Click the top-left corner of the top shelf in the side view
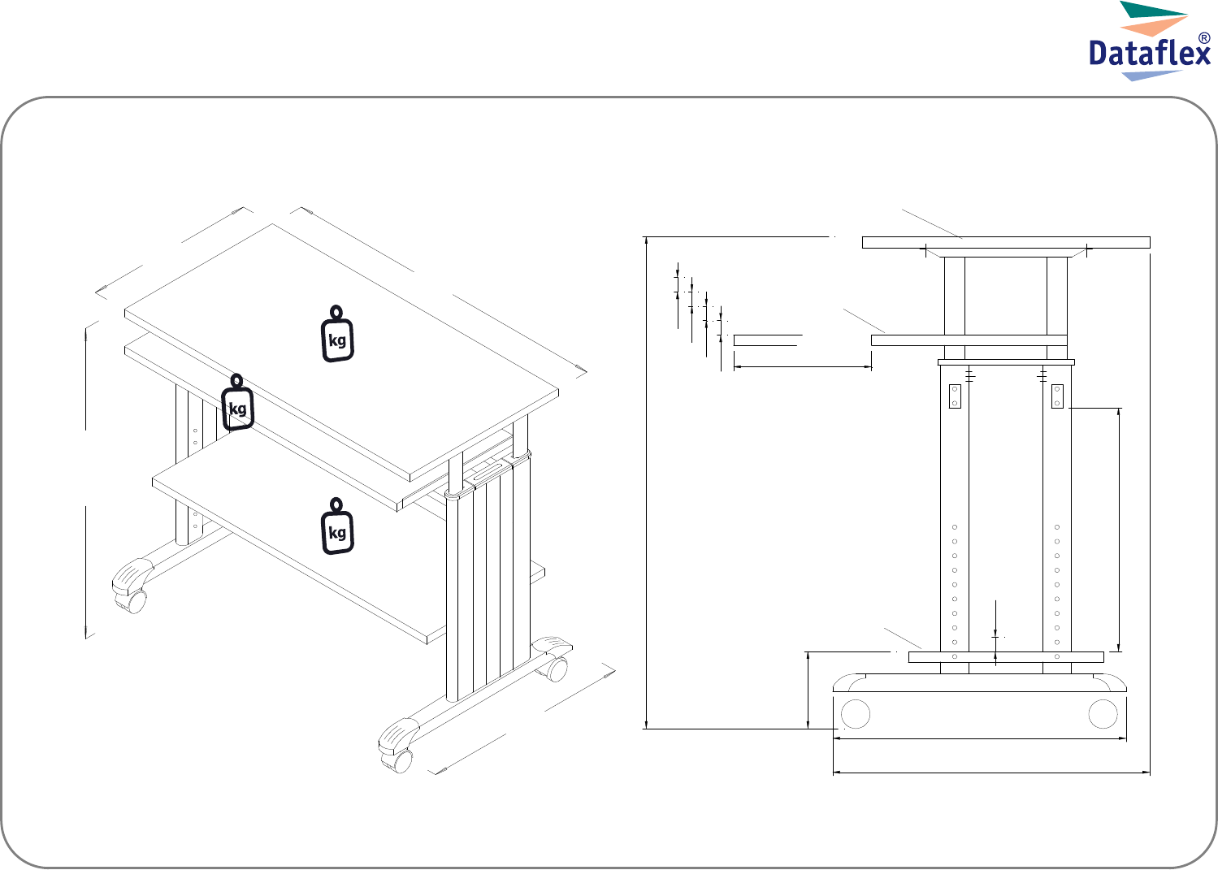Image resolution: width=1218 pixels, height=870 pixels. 862,237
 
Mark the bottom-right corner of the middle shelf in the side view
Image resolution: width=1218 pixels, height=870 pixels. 1067,346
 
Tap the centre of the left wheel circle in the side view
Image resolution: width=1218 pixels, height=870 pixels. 856,714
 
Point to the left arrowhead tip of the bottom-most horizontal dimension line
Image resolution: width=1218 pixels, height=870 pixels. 833,773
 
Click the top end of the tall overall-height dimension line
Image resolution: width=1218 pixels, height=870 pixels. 646,237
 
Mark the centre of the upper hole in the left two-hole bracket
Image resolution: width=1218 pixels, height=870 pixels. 954,389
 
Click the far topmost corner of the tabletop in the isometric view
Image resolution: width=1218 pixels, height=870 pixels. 272,224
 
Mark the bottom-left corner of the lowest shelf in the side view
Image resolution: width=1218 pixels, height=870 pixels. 908,662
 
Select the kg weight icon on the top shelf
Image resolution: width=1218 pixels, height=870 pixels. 337,333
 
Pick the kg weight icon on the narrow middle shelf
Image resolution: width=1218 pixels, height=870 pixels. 237,402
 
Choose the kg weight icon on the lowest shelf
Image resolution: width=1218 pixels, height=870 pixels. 337,526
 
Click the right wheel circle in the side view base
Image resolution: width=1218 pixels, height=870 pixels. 1103,714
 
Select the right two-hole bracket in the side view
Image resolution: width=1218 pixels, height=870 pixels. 1057,396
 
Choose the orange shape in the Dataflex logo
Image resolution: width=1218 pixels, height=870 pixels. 1154,26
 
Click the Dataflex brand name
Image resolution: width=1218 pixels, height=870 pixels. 1150,53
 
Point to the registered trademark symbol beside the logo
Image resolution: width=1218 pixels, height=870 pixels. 1204,38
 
